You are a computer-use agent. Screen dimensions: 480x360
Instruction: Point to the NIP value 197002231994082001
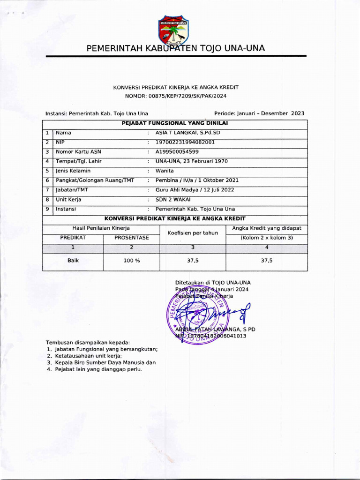point(185,142)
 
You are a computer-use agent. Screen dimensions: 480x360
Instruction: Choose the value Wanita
point(165,171)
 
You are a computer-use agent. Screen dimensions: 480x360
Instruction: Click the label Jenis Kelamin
point(73,171)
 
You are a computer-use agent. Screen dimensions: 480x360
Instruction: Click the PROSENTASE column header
point(132,238)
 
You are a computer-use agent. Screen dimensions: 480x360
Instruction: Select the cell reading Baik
point(73,261)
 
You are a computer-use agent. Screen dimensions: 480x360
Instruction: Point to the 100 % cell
point(132,261)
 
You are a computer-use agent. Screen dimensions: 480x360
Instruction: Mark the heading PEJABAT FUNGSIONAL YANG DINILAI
point(175,123)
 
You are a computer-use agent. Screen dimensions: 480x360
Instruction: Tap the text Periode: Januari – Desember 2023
point(259,113)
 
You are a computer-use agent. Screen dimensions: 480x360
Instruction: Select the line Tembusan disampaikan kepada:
point(88,343)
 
